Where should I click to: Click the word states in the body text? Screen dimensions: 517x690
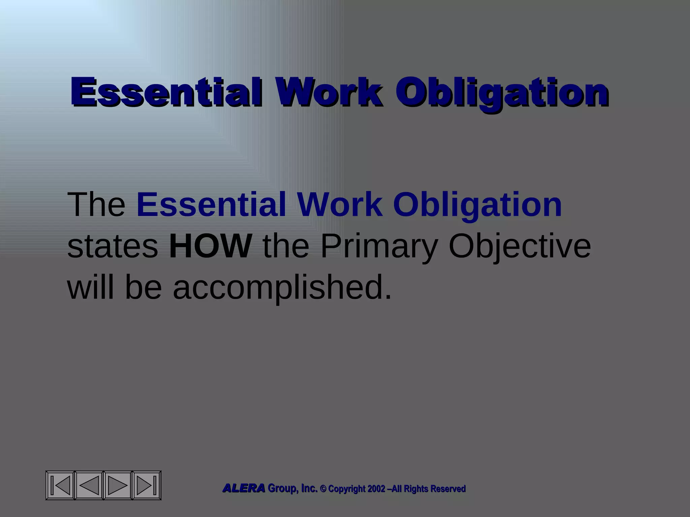click(113, 246)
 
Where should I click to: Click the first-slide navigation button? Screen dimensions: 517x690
click(61, 485)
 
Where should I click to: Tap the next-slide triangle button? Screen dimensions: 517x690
click(118, 485)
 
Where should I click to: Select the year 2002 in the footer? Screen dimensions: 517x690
click(376, 489)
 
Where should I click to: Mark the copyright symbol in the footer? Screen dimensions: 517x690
click(323, 489)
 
